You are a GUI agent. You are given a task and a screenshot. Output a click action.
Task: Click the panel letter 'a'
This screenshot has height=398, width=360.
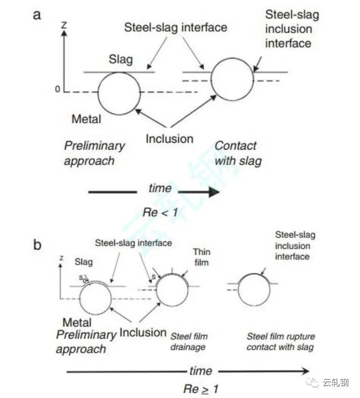[37, 15]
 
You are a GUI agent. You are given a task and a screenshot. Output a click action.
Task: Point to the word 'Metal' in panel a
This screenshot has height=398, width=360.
[87, 118]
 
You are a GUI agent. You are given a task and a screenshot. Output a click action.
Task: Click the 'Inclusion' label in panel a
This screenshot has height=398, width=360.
[169, 138]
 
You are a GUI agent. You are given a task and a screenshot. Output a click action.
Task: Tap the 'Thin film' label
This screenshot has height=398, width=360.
[202, 257]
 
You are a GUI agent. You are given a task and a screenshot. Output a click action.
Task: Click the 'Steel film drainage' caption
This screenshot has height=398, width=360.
[188, 341]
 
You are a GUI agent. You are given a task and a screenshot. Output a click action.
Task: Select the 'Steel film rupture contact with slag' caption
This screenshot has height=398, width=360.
[281, 341]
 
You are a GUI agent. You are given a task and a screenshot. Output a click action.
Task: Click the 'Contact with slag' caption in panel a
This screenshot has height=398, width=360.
[238, 153]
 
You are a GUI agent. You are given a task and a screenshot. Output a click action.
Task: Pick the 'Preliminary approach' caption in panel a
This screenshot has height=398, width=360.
[95, 152]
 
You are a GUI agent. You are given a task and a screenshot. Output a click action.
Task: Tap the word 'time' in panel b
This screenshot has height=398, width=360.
[201, 371]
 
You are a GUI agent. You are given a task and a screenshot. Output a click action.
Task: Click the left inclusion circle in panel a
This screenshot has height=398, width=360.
[119, 93]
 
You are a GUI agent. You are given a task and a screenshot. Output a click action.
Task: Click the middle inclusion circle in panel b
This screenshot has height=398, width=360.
[172, 291]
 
